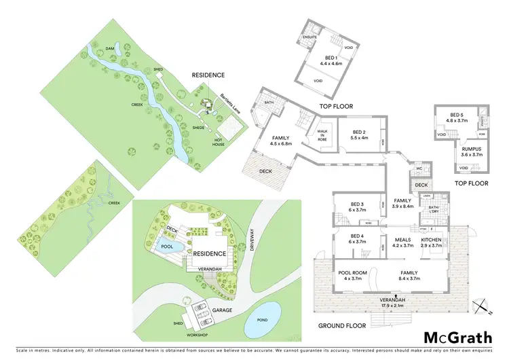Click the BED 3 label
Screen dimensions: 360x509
pyautogui.click(x=358, y=207)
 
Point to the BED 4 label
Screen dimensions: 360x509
pyautogui.click(x=358, y=238)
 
